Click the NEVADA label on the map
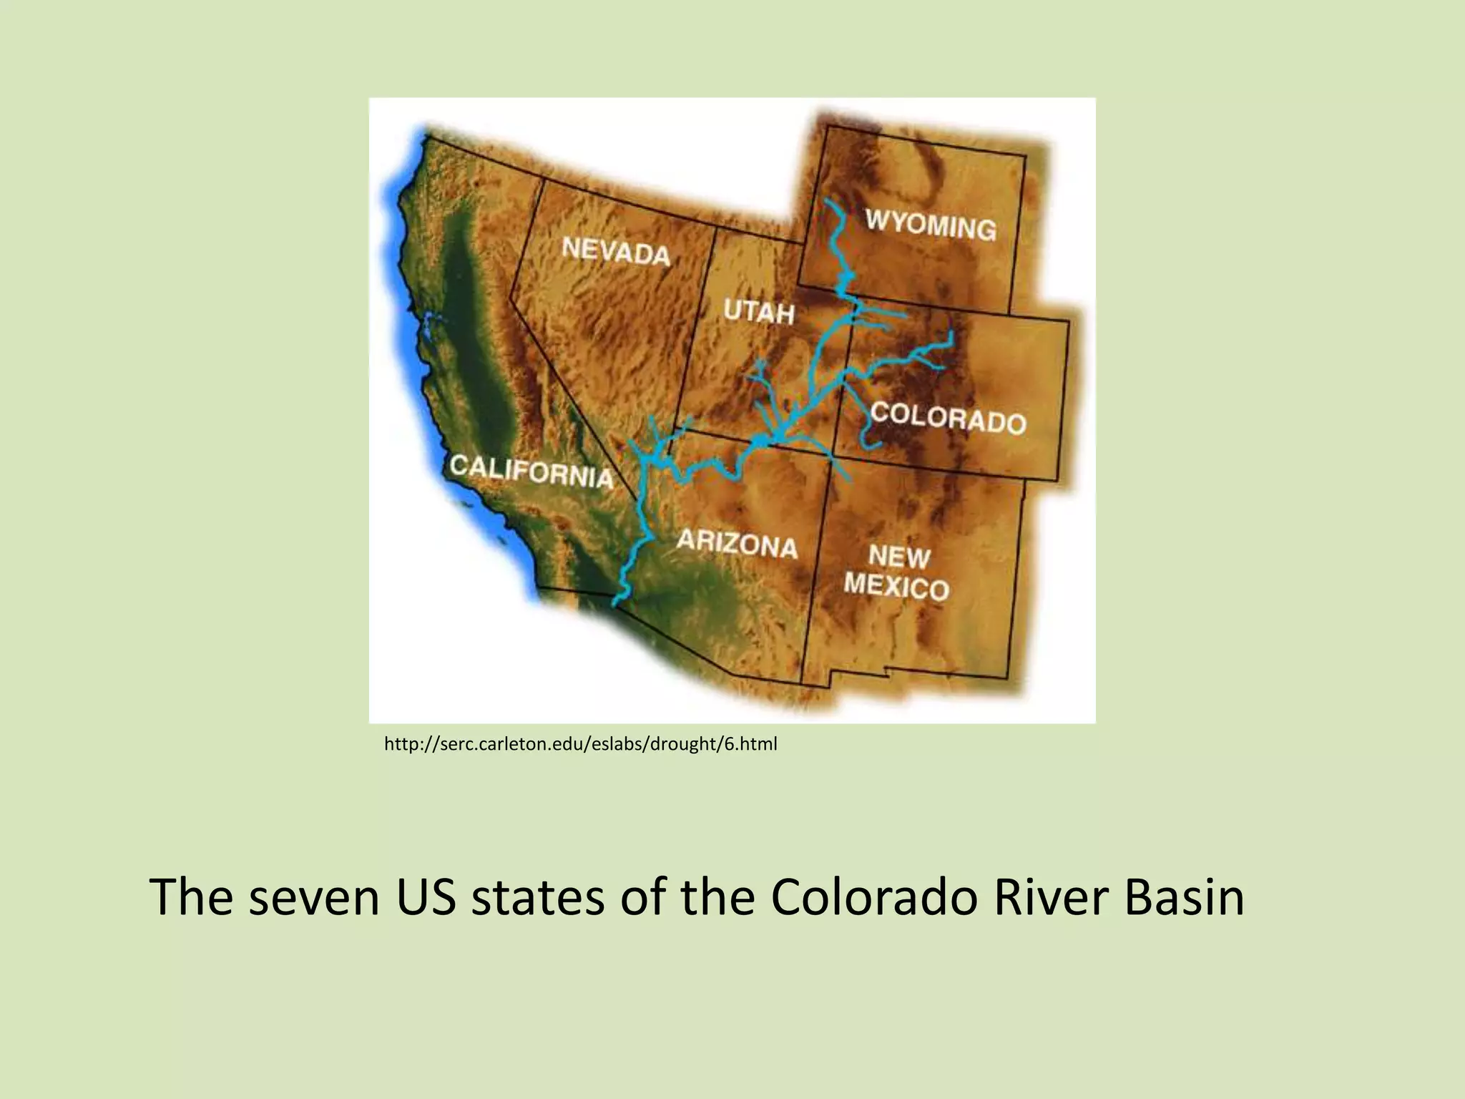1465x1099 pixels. tap(616, 251)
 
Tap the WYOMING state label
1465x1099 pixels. tap(931, 224)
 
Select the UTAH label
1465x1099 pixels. tap(759, 312)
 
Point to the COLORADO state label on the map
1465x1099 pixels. tap(948, 418)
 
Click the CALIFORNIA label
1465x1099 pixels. tap(531, 471)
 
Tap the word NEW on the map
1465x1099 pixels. tap(899, 556)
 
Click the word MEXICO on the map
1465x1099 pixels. tap(896, 587)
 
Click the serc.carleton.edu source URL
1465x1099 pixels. tap(580, 745)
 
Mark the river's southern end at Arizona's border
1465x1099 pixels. tap(615, 602)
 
